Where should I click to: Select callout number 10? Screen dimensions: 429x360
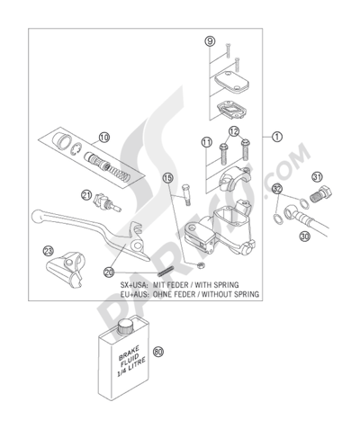[x=104, y=138]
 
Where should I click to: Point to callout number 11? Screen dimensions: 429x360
[x=206, y=142]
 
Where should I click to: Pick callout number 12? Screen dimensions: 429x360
[x=234, y=132]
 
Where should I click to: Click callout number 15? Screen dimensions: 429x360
[x=167, y=178]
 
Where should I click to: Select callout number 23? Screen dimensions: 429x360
[x=50, y=253]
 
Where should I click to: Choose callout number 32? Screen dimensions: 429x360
[x=276, y=189]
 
